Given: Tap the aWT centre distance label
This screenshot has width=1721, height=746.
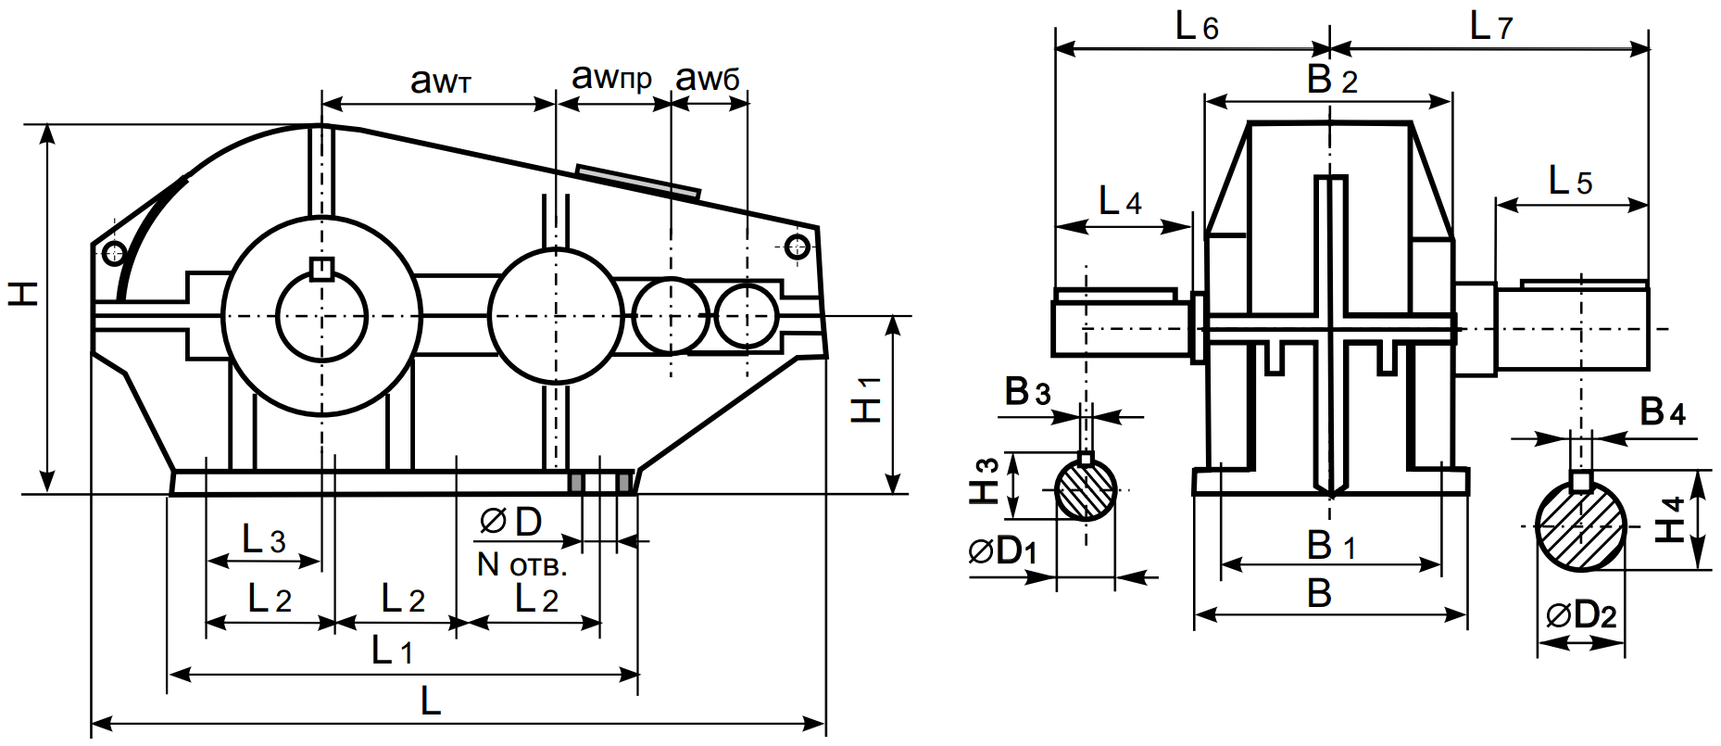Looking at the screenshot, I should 441,82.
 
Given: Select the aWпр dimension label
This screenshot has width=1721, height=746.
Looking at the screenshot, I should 611,78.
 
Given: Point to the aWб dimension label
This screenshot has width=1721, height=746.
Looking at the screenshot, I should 708,80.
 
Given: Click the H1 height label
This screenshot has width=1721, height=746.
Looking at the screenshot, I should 866,400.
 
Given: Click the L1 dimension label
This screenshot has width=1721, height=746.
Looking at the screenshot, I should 392,651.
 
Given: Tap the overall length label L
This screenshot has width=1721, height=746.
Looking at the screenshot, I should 431,702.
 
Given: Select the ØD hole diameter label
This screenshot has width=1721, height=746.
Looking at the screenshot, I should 511,523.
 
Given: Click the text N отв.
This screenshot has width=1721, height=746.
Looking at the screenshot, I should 521,563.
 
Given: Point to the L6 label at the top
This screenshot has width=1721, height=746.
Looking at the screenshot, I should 1197,27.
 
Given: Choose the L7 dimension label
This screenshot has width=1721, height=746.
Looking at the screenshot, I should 1490,27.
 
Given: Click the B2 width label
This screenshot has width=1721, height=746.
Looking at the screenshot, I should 1332,81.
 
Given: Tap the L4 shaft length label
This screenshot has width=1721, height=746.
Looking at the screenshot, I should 1120,201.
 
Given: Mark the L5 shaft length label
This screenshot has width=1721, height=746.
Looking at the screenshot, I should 1570,182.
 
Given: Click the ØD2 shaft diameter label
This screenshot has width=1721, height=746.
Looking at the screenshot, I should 1581,615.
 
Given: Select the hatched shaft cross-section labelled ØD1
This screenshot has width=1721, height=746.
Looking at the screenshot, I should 1087,490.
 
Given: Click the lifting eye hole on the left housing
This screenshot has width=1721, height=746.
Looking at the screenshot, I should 115,251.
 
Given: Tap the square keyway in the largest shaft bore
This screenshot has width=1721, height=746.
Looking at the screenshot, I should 321,268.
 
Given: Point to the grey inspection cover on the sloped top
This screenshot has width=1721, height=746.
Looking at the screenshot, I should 637,181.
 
